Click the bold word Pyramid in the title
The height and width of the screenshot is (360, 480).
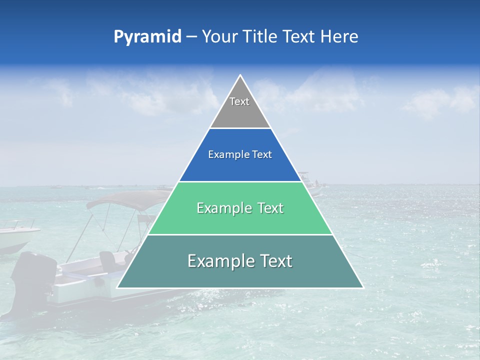(x=147, y=37)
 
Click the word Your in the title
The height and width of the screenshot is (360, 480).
(x=219, y=36)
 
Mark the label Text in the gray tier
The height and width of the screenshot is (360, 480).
(x=239, y=101)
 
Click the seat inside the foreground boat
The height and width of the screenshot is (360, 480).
(x=107, y=260)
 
